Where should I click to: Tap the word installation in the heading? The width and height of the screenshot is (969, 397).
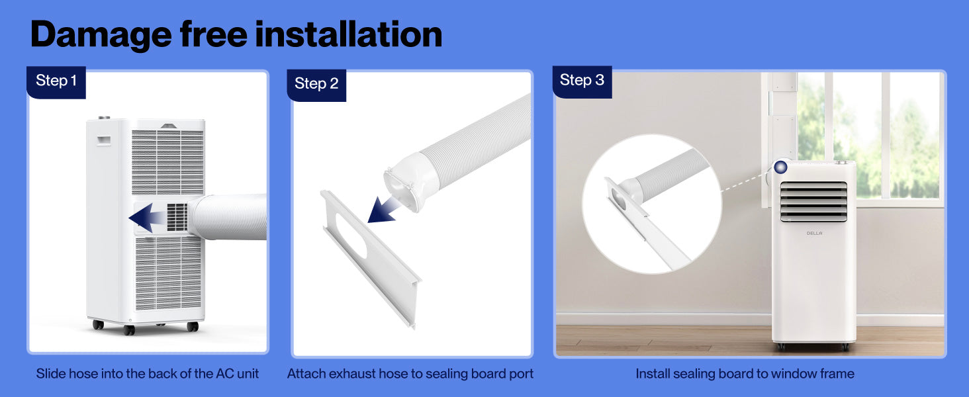[349, 34]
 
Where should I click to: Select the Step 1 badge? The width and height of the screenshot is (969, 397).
[56, 82]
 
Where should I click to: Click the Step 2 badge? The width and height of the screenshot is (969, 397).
[316, 85]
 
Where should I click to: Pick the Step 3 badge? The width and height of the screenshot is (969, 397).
[582, 82]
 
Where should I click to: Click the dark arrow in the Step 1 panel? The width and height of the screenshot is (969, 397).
[146, 218]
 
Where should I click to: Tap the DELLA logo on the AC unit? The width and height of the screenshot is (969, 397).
[814, 233]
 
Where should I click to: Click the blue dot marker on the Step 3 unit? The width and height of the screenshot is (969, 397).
[780, 167]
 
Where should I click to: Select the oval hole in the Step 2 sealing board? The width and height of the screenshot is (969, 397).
[351, 236]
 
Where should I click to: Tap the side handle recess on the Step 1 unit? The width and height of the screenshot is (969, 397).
[103, 141]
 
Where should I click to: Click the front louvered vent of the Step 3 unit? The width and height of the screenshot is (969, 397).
[813, 202]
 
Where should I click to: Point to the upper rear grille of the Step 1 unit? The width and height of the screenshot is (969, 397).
[167, 162]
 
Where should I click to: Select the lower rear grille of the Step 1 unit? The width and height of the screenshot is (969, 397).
[168, 273]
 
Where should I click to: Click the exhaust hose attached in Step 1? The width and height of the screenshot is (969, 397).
[228, 217]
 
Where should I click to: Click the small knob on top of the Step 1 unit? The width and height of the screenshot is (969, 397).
[104, 118]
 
